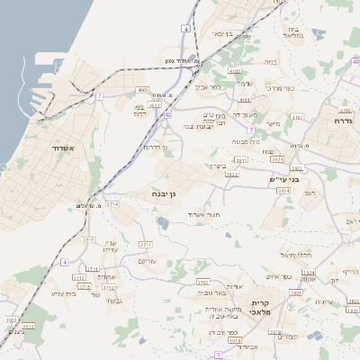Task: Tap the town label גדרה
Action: point(343,120)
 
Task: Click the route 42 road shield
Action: point(168,114)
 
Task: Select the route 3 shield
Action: point(218,355)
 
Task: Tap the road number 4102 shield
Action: point(234,71)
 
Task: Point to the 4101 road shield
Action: point(245,100)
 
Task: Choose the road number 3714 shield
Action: point(112,205)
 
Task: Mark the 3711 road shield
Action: point(145,245)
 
